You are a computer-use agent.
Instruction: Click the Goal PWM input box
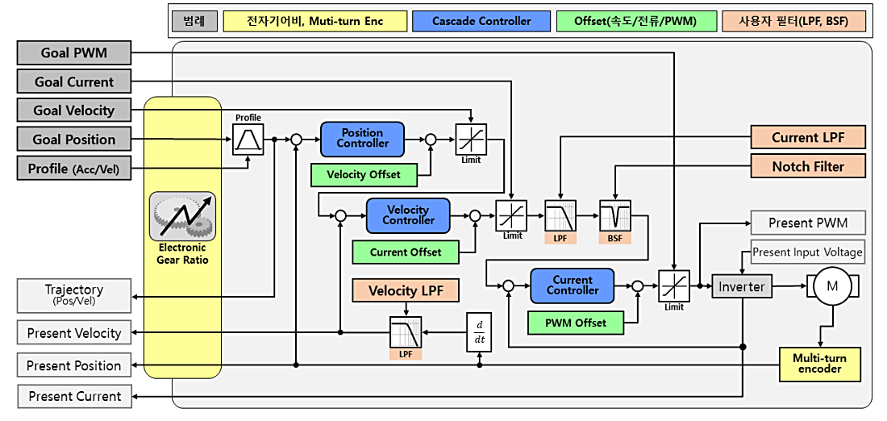coord(73,54)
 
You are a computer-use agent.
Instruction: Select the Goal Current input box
coord(73,82)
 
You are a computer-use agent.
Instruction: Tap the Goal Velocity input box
coord(73,110)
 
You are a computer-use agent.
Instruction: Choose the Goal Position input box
coord(73,140)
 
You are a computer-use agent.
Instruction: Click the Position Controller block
coord(362,139)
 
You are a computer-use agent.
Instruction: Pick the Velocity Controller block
coord(408,215)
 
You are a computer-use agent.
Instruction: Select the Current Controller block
coord(573,286)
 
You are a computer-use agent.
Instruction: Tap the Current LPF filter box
coord(807,138)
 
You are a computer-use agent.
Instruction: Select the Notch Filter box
coord(807,167)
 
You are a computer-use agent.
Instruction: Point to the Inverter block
coord(741,286)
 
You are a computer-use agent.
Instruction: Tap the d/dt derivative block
coord(479,331)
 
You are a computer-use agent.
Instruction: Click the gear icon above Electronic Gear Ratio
coord(182,216)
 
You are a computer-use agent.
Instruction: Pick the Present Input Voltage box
coord(807,252)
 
